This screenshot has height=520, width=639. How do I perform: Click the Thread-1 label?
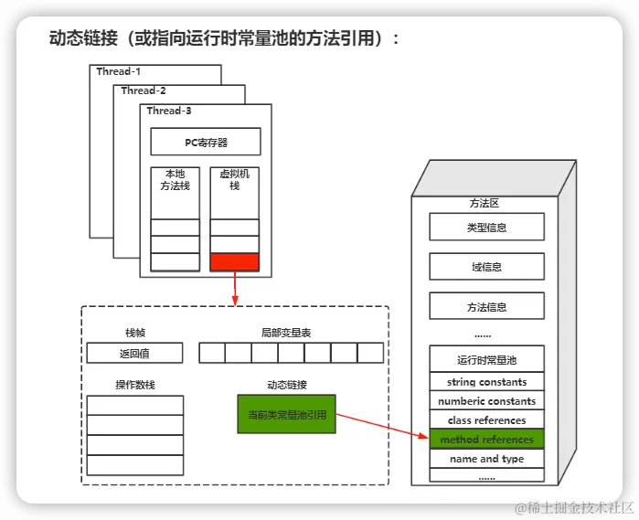[120, 71]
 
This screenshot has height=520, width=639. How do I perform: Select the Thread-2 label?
[144, 90]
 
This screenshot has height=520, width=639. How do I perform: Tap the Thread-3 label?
[169, 111]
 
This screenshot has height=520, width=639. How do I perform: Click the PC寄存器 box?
[206, 142]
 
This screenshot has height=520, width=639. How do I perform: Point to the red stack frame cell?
[235, 262]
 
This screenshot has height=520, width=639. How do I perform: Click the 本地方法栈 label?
[175, 179]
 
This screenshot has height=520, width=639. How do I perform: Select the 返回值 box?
[135, 353]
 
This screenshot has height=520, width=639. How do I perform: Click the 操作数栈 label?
[135, 385]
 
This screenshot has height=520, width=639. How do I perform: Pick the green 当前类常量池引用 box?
[286, 414]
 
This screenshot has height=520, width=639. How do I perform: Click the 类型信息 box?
[486, 227]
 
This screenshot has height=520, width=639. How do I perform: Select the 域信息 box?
[486, 267]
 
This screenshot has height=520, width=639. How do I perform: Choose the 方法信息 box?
[486, 307]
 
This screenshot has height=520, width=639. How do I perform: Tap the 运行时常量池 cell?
[486, 359]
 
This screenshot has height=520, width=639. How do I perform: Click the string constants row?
[486, 382]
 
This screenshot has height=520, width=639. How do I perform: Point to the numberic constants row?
[486, 401]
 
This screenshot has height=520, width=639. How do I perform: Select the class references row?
[486, 420]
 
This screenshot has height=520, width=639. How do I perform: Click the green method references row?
[486, 440]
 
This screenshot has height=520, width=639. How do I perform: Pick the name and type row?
[486, 459]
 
